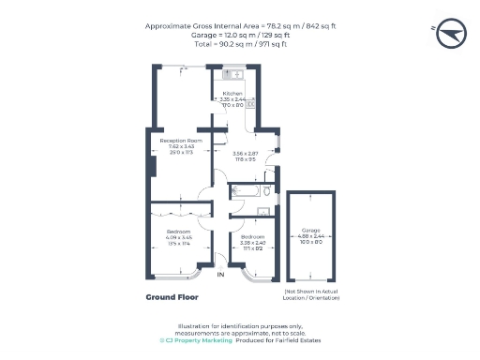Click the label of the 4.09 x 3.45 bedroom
178,231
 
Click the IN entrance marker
221,275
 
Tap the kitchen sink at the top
232,73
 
